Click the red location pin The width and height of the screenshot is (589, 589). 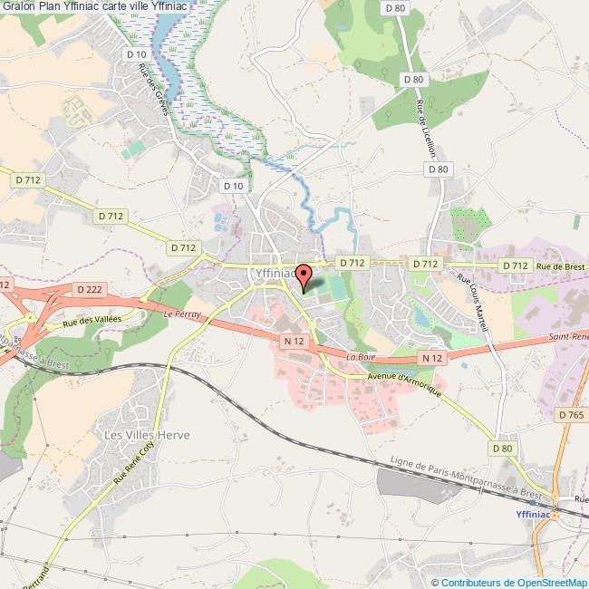point(304,275)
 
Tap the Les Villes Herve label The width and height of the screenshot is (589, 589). point(147,435)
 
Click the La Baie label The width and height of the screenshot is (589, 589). point(360,357)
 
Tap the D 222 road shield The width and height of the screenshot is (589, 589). point(89,288)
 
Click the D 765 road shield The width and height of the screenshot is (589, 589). point(572,414)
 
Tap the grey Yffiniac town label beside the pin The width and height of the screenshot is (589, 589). point(271,271)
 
